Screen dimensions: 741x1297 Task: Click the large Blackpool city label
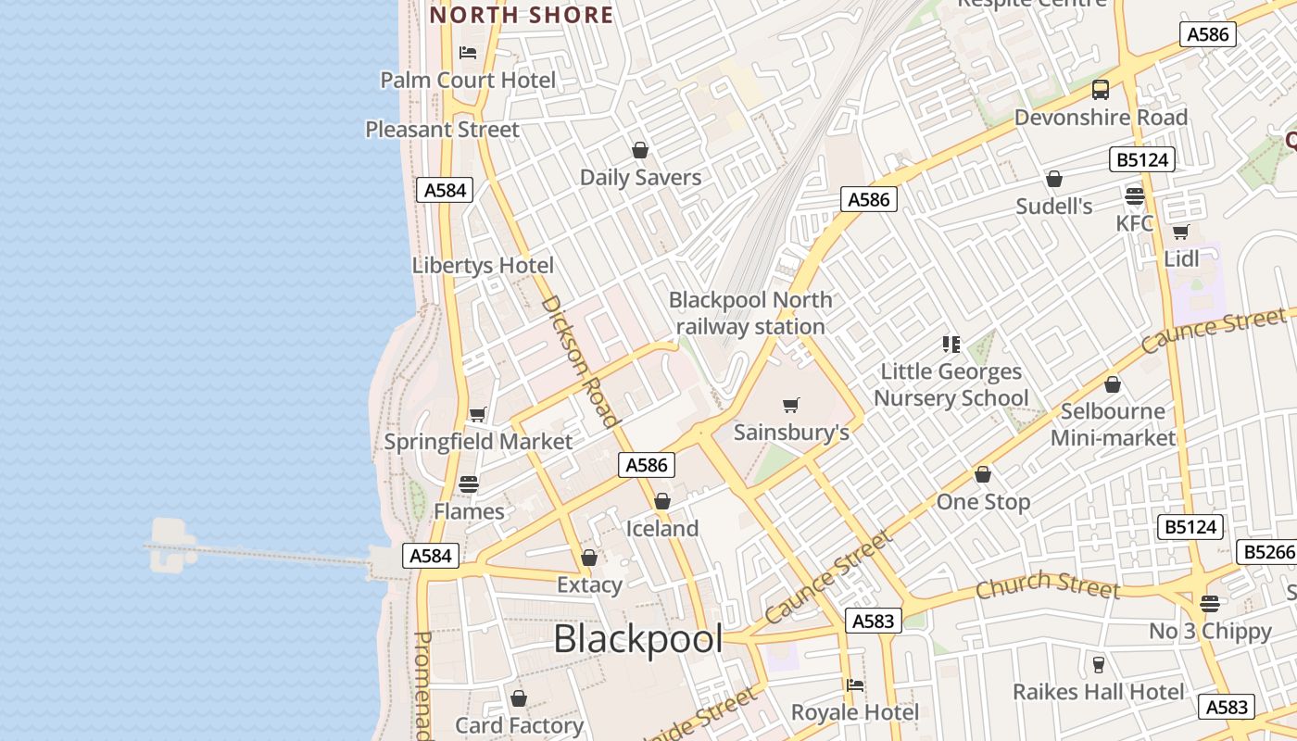638,639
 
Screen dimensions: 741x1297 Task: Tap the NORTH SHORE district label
522,15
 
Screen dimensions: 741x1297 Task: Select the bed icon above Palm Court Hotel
468,53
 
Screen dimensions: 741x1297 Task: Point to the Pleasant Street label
442,130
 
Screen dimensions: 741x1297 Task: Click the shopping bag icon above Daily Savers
639,150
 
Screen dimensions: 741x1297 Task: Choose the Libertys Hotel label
483,266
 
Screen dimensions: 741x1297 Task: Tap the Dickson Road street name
579,361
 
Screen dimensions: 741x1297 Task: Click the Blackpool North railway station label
750,313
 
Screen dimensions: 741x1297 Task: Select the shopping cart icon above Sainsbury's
791,405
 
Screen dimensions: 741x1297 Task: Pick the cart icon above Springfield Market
477,414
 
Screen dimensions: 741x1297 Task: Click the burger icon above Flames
469,484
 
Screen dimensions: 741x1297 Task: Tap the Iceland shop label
662,529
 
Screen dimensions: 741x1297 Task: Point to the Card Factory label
519,725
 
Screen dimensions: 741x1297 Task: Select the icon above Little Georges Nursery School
951,345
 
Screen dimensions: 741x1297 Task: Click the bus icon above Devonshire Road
1101,90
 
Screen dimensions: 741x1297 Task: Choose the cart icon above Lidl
1180,232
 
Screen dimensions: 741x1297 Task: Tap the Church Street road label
1048,585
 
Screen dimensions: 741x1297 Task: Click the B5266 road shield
1266,553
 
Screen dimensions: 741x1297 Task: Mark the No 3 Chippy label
1210,632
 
